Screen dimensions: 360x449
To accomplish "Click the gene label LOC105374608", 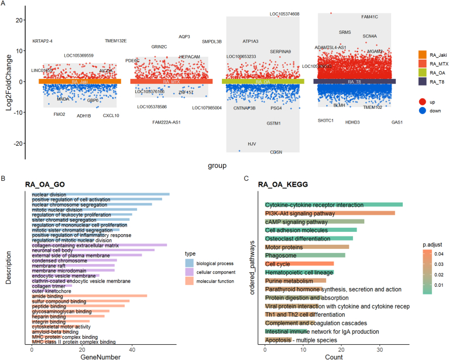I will [x=285, y=14].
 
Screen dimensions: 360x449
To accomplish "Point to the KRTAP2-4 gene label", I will [x=42, y=41].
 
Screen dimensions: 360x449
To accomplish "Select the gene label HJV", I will [x=252, y=143].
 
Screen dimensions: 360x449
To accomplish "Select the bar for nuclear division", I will [x=100, y=194].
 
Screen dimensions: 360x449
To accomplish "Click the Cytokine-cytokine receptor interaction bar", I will [x=334, y=205].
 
